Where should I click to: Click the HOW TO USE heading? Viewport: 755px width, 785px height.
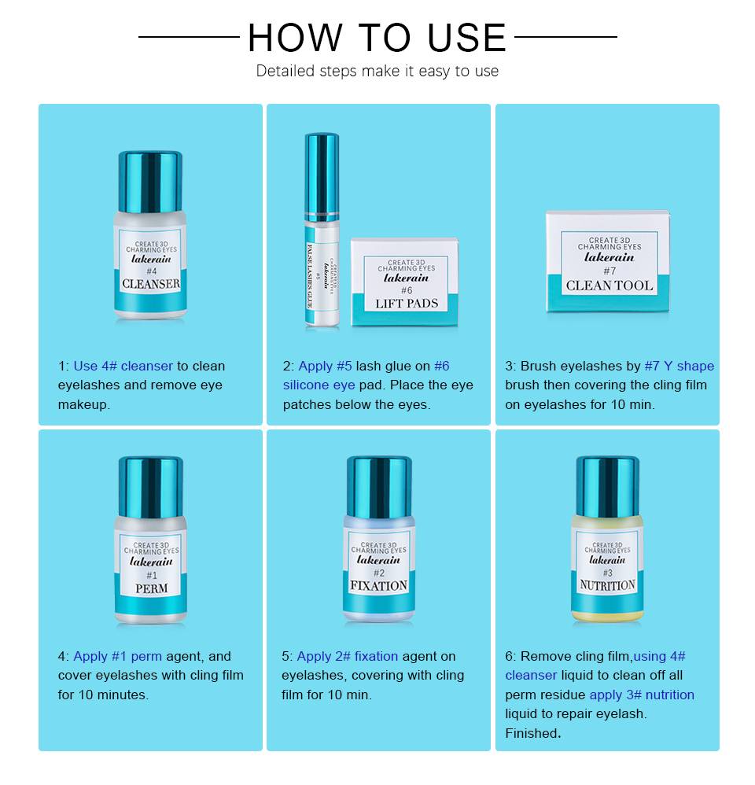coord(377,38)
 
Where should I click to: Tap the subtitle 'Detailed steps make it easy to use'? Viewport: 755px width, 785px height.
coord(377,71)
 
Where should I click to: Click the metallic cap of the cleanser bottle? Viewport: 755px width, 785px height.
coord(150,182)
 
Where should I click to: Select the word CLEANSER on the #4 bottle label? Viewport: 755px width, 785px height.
coord(151,284)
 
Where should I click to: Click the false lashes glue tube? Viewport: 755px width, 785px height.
coord(322,230)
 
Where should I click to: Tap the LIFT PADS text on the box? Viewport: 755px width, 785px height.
coord(407,304)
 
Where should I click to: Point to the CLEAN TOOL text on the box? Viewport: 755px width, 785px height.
coord(610,286)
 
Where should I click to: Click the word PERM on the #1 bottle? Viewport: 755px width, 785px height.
coord(151,588)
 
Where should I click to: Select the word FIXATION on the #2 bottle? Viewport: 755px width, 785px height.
coord(378,586)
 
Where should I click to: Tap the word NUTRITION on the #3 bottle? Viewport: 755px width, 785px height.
coord(607,585)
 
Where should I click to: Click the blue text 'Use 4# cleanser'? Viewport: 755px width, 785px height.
coord(123,366)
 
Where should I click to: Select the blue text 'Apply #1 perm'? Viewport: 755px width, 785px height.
coord(118,656)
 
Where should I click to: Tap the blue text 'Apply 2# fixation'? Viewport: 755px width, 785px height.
coord(348,656)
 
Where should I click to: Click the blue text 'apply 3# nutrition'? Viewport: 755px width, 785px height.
coord(642,695)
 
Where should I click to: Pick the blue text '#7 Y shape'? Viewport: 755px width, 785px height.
coord(679,366)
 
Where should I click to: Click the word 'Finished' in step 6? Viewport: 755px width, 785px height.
coord(531,733)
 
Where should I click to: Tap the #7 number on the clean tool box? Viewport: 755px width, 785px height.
coord(610,271)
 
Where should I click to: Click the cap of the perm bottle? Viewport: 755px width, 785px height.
coord(151,487)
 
